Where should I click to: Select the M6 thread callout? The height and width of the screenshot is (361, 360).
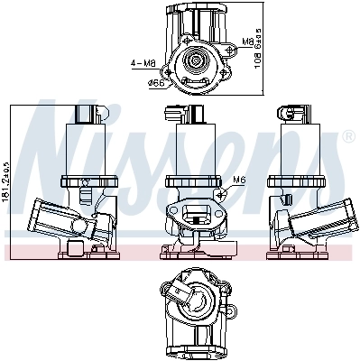pos(239,180)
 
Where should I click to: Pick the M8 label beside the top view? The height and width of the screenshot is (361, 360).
pos(248,42)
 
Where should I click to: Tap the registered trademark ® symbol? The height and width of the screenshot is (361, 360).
pos(348,136)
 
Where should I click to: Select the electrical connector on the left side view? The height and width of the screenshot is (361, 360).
pos(88,115)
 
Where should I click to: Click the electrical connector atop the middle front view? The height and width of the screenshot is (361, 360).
pos(175,115)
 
